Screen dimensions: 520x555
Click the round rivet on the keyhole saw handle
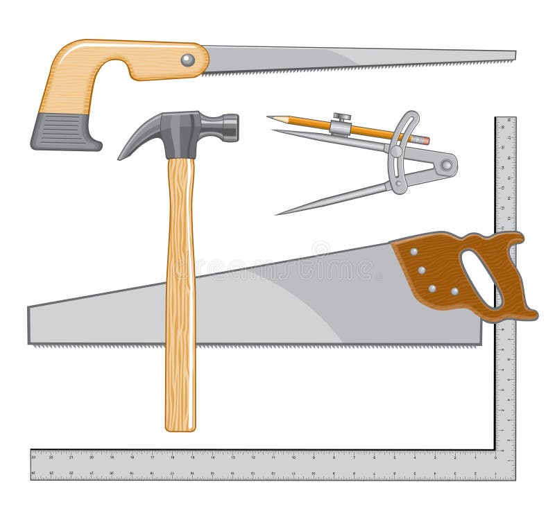[187, 60]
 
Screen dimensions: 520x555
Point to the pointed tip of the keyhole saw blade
[514, 55]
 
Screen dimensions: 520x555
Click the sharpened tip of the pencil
[270, 118]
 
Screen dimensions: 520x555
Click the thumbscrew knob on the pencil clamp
[340, 116]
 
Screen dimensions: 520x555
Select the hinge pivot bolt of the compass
[446, 165]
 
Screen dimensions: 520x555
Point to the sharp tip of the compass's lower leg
[278, 213]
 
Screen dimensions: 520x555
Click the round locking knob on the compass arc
[396, 150]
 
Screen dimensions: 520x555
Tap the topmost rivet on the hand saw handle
[414, 252]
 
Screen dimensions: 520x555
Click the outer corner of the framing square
[514, 478]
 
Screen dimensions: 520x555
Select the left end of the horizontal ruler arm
[33, 465]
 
